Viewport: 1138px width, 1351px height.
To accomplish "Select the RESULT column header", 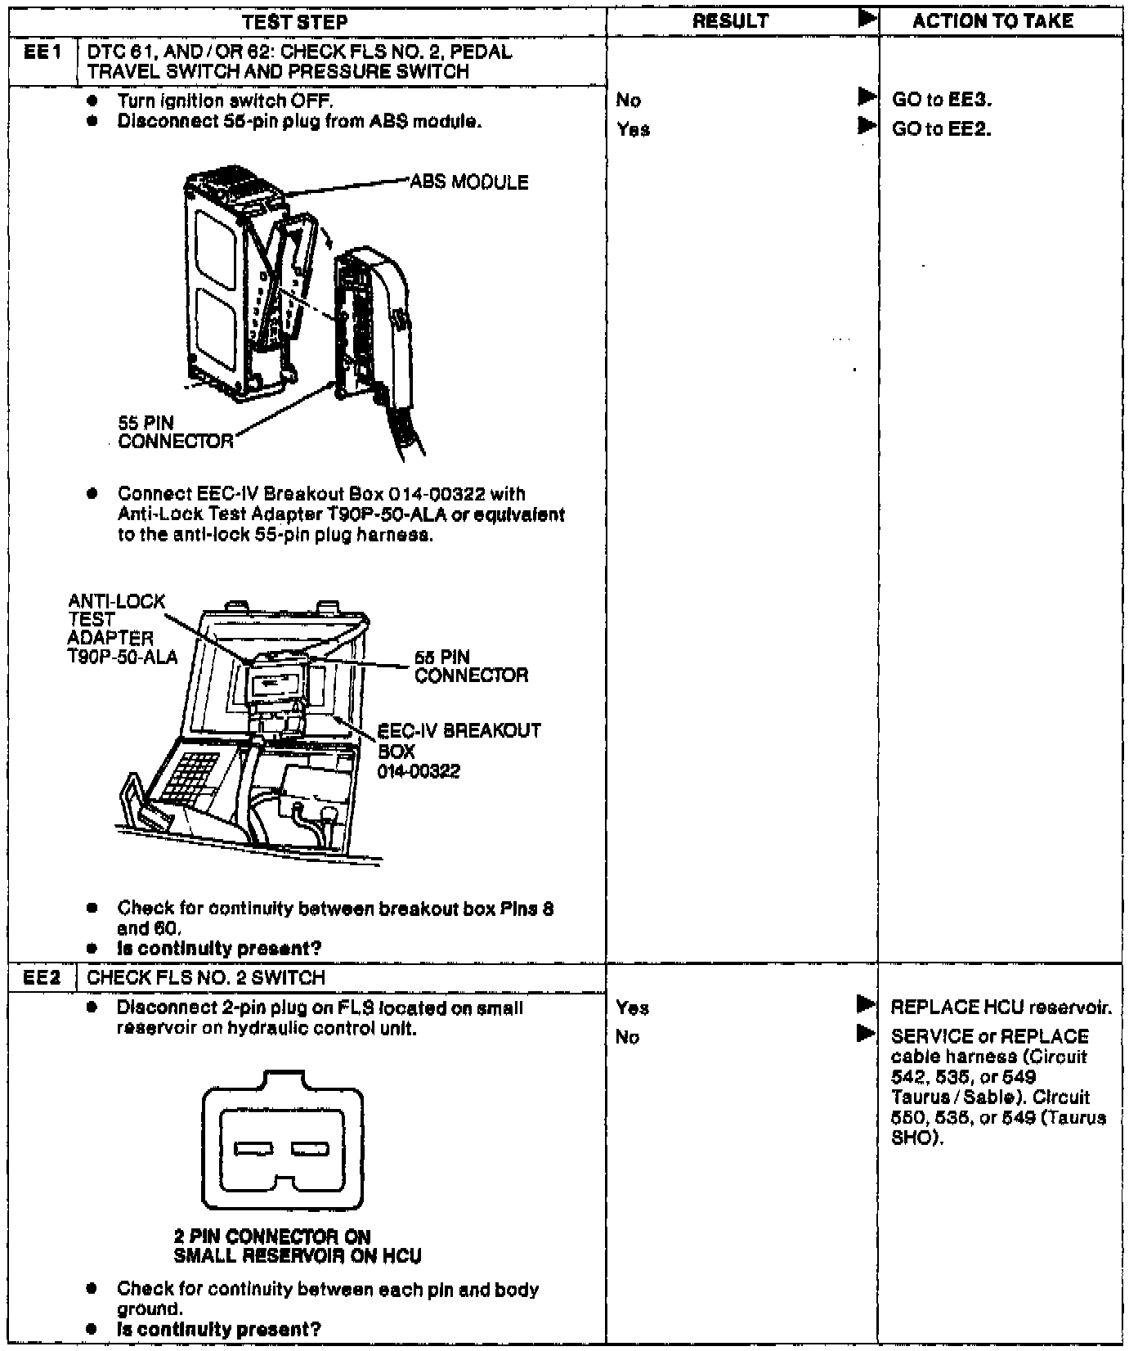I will (730, 22).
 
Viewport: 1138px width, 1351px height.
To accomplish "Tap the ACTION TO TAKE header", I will (992, 22).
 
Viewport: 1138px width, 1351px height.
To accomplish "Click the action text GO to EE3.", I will (941, 101).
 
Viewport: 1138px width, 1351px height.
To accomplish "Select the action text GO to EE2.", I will (941, 129).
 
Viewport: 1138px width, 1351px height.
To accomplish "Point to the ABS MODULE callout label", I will (468, 182).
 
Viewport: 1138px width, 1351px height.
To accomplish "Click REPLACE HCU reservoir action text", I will (1001, 1008).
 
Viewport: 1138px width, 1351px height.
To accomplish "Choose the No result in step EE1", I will (629, 101).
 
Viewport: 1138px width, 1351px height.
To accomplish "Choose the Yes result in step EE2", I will (633, 1008).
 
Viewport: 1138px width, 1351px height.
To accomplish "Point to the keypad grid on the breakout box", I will (190, 776).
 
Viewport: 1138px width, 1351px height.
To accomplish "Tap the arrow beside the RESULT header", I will (867, 20).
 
